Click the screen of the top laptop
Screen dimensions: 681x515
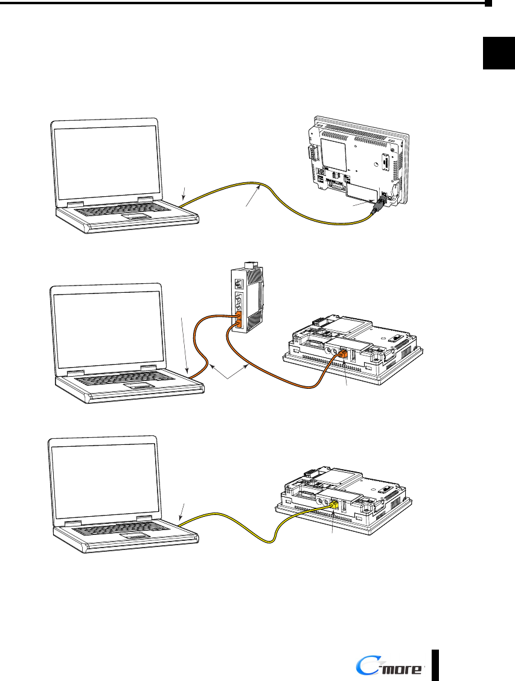pos(104,161)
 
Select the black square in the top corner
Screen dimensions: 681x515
pos(499,53)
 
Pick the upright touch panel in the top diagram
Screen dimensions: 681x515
pos(353,163)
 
